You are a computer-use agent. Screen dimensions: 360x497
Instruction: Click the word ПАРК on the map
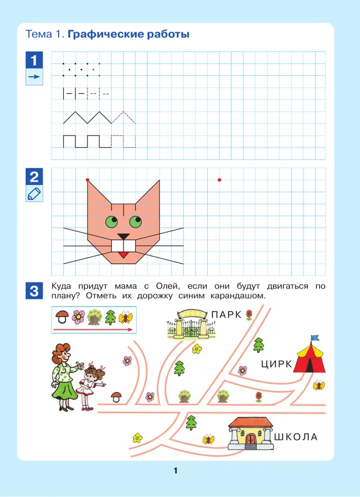(x=227, y=315)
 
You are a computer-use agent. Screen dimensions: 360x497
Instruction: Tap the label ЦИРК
(x=276, y=364)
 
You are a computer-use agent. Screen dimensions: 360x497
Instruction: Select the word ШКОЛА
(x=296, y=437)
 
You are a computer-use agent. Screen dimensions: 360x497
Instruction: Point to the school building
(x=250, y=433)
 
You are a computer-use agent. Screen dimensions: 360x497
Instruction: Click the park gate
(x=191, y=324)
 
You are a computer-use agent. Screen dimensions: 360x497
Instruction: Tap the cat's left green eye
(x=112, y=221)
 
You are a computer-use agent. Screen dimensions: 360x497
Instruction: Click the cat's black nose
(x=124, y=236)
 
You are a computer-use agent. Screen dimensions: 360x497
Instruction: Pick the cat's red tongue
(x=124, y=255)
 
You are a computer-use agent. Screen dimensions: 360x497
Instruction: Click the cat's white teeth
(x=124, y=246)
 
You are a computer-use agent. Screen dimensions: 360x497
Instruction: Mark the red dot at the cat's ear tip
(x=88, y=180)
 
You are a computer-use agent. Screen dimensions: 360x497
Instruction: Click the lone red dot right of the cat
(x=219, y=180)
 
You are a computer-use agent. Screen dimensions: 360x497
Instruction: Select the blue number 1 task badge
(x=34, y=60)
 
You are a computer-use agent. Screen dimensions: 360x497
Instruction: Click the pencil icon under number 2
(x=34, y=194)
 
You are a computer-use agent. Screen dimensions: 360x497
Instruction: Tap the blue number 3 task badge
(x=34, y=291)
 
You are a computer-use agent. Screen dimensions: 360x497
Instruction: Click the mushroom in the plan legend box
(x=62, y=317)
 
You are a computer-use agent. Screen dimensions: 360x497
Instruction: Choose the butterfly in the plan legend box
(x=126, y=318)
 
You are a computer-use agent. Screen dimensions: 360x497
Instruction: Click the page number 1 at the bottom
(x=176, y=470)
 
